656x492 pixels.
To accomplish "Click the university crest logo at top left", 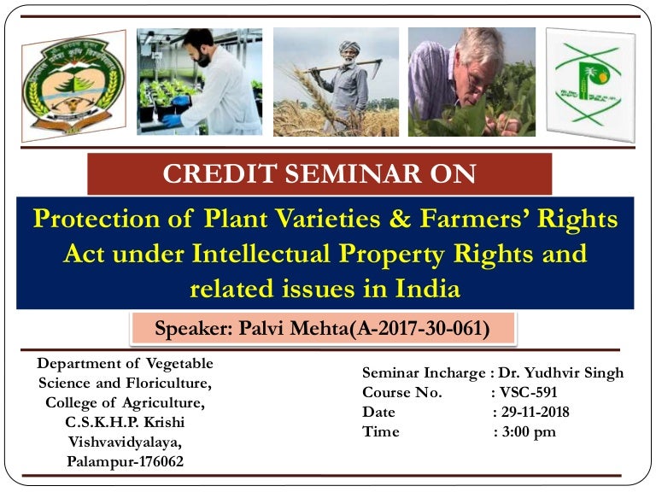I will pyautogui.click(x=73, y=85).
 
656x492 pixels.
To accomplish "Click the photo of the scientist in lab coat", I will pyautogui.click(x=199, y=82).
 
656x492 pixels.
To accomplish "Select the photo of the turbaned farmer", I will pyautogui.click(x=336, y=82).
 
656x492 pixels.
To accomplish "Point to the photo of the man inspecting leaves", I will pyautogui.click(x=471, y=82).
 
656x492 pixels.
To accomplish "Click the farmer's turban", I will pyautogui.click(x=349, y=48).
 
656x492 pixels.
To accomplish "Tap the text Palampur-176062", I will pyautogui.click(x=125, y=461).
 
